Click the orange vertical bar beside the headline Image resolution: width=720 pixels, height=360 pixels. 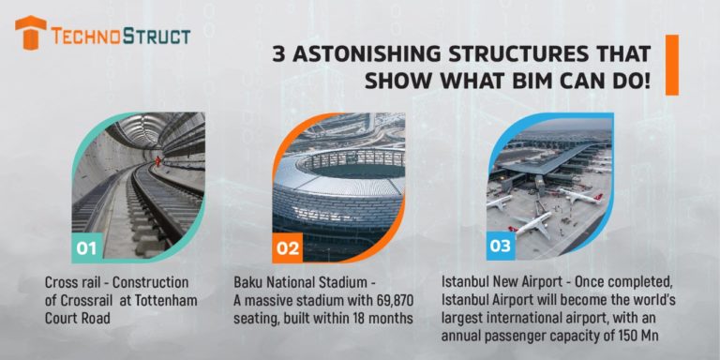click(x=671, y=65)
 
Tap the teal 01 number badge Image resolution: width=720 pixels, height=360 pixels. click(x=86, y=248)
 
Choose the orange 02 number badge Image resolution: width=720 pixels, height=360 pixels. click(x=288, y=248)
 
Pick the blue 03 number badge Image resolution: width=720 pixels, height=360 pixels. click(x=500, y=247)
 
